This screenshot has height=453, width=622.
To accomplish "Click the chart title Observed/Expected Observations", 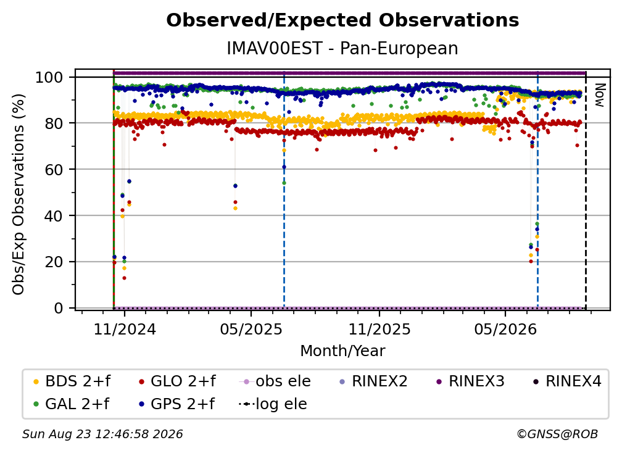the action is pyautogui.click(x=342, y=20).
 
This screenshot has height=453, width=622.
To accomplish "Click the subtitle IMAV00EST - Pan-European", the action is pyautogui.click(x=342, y=48).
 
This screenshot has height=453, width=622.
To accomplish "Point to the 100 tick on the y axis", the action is pyautogui.click(x=49, y=77).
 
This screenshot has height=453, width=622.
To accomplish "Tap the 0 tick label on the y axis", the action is pyautogui.click(x=59, y=308).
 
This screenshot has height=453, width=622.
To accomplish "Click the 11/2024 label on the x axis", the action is pyautogui.click(x=125, y=330).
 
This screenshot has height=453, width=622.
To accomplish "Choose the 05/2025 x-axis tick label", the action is pyautogui.click(x=251, y=330).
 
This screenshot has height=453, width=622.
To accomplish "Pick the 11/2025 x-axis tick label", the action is pyautogui.click(x=379, y=330).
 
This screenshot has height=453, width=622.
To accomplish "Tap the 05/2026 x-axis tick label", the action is pyautogui.click(x=505, y=330).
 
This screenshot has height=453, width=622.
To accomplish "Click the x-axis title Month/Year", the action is pyautogui.click(x=342, y=351).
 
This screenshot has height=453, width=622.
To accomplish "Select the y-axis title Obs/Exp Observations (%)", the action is pyautogui.click(x=19, y=194).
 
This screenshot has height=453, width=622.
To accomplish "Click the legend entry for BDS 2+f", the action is pyautogui.click(x=72, y=381).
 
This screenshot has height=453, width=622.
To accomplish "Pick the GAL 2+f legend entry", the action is pyautogui.click(x=72, y=404).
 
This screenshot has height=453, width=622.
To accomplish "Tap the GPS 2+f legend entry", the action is pyautogui.click(x=177, y=404).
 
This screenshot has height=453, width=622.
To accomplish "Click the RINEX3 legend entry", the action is pyautogui.click(x=470, y=381).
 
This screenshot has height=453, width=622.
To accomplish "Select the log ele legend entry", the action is pyautogui.click(x=273, y=404).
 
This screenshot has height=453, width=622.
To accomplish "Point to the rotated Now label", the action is pyautogui.click(x=599, y=95).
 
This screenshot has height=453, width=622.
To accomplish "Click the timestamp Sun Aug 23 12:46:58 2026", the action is pyautogui.click(x=102, y=434).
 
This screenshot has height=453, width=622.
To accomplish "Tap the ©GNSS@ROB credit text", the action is pyautogui.click(x=557, y=434).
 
